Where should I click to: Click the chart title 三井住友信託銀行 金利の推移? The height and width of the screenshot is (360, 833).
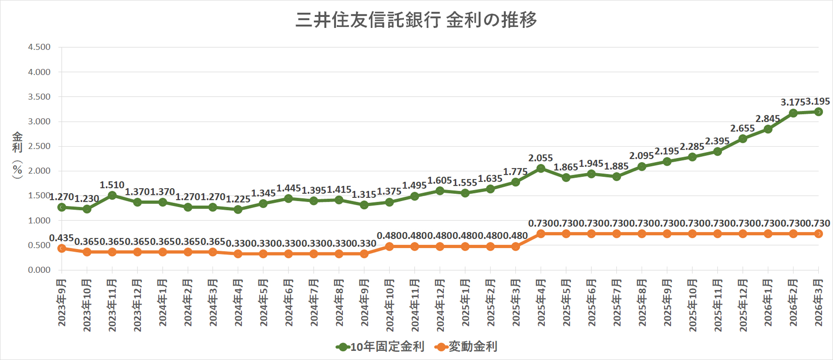(x=416, y=20)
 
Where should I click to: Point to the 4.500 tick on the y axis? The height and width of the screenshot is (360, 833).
(x=39, y=47)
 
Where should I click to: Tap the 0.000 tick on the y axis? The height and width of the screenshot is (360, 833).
(x=39, y=270)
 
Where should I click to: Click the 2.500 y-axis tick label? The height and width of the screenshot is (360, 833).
(x=39, y=146)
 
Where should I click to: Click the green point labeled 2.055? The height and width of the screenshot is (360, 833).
(x=541, y=168)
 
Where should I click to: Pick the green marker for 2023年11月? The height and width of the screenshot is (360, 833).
(x=112, y=195)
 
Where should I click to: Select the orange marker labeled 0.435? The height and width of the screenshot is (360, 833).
(x=62, y=248)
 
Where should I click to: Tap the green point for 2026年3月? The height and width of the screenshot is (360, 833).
(x=818, y=112)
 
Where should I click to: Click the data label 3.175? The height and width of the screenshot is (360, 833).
(x=793, y=102)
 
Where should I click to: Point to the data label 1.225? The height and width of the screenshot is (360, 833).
(x=238, y=199)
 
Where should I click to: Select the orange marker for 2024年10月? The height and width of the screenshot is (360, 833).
(x=389, y=246)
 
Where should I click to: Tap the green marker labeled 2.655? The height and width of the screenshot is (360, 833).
(x=743, y=139)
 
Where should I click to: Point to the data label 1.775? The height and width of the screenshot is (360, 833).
(x=515, y=172)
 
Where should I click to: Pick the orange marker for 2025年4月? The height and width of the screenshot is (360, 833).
(x=541, y=234)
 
